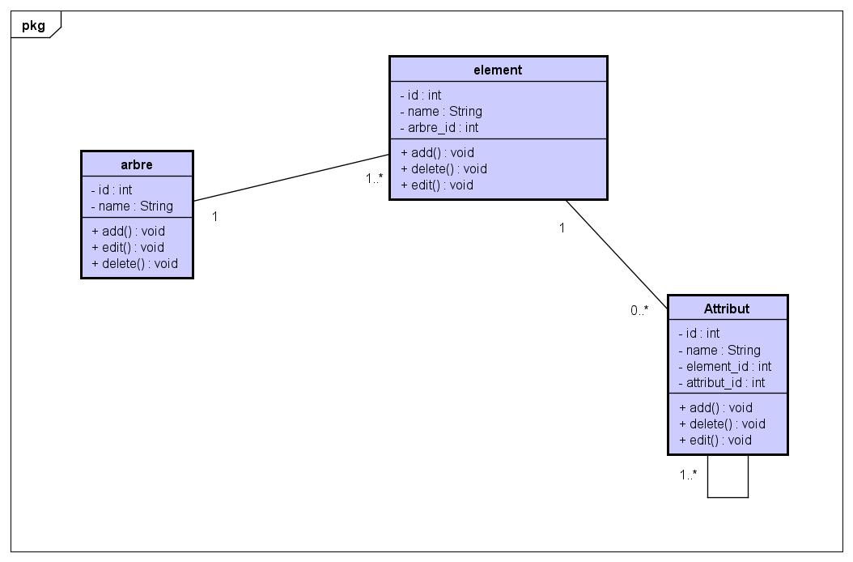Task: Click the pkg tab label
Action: [x=33, y=25]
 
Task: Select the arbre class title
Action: [x=137, y=164]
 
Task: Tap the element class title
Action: [x=498, y=70]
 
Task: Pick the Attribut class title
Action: [x=727, y=309]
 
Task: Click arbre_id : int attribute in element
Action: [x=439, y=128]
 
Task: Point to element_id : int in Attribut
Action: [x=724, y=367]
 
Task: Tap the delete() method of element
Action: [x=443, y=169]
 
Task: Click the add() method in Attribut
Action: [x=715, y=408]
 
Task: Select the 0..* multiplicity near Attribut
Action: [x=639, y=310]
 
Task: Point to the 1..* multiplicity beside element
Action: [x=374, y=178]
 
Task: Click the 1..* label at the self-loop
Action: [x=688, y=475]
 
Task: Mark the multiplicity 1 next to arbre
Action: [x=214, y=217]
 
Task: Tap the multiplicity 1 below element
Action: [x=562, y=228]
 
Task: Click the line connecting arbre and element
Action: [x=291, y=177]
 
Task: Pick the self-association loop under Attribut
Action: [x=728, y=496]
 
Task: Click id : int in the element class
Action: [x=421, y=96]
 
